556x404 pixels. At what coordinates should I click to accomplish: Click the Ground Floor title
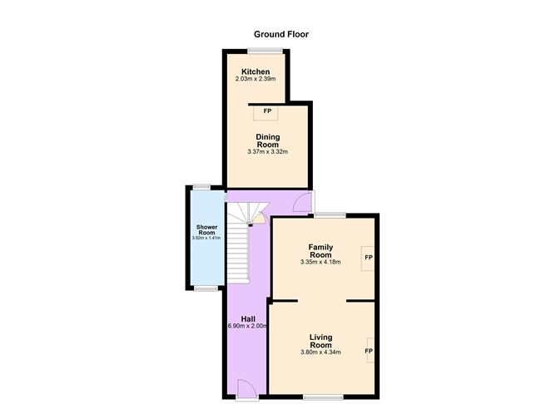tap(281, 35)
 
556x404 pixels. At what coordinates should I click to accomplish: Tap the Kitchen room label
tap(255, 71)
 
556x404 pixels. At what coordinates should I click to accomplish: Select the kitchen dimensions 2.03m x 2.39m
tap(255, 79)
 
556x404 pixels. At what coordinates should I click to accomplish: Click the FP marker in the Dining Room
tap(267, 111)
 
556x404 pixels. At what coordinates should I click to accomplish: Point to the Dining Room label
tap(267, 140)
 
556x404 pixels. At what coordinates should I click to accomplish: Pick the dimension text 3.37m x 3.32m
tap(267, 152)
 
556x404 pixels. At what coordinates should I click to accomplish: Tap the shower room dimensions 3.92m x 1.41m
tap(206, 239)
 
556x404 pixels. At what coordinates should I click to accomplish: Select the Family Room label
tap(320, 251)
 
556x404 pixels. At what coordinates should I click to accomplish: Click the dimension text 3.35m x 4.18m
tap(320, 263)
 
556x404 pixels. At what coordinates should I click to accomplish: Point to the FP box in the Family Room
tap(367, 258)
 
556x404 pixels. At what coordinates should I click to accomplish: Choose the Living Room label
tap(320, 341)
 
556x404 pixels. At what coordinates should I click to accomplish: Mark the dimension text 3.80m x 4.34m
tap(320, 352)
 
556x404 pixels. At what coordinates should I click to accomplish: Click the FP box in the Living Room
tap(368, 351)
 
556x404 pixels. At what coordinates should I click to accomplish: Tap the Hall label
tap(248, 318)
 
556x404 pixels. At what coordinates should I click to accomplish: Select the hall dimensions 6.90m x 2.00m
tap(247, 327)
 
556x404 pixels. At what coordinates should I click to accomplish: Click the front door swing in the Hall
tap(246, 387)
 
